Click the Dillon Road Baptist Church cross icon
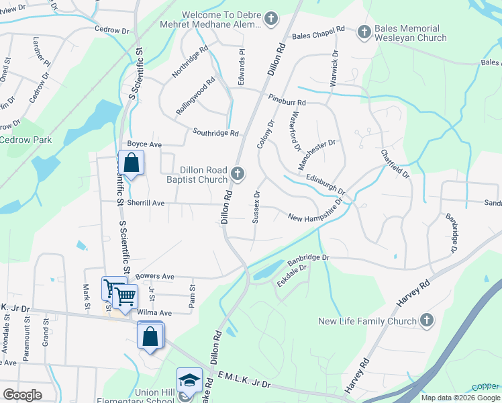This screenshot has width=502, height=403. tap(237, 175)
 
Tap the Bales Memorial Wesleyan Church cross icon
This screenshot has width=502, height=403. tap(364, 31)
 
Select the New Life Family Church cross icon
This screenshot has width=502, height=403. tap(425, 320)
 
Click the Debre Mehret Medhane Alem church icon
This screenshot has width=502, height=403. tap(271, 18)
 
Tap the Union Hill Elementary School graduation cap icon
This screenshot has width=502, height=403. tap(189, 379)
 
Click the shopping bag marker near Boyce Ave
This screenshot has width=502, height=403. tap(131, 163)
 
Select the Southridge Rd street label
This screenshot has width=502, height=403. tap(216, 133)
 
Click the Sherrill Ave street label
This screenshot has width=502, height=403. tap(146, 202)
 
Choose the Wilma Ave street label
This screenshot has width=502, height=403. tap(154, 312)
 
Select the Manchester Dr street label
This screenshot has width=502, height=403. tap(316, 154)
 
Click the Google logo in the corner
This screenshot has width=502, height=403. tap(22, 395)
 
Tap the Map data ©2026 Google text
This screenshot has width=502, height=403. tap(460, 398)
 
